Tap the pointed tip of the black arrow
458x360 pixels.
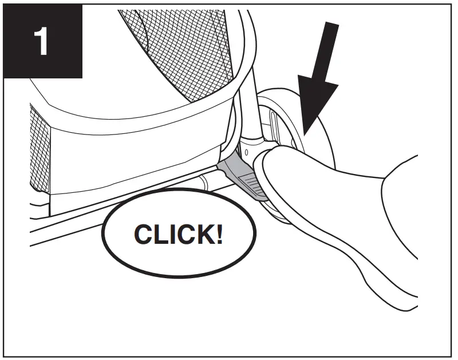point(302,133)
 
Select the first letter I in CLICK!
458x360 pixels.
point(167,235)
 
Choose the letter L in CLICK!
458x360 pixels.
point(156,235)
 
